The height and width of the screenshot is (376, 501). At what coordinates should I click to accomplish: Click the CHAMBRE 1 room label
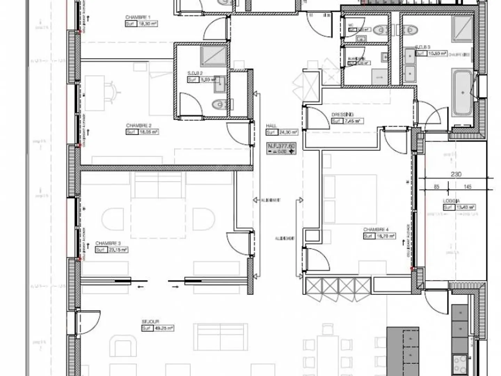point(138,17)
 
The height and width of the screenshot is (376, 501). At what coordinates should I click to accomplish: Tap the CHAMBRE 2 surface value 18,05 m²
point(149,132)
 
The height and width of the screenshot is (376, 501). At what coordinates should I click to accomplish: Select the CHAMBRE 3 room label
point(108,243)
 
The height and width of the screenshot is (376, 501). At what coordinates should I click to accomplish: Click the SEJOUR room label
point(150,322)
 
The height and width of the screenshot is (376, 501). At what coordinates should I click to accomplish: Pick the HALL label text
point(271,126)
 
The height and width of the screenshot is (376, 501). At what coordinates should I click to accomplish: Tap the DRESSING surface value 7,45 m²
point(353,121)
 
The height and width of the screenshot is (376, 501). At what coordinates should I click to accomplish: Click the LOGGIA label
point(451,201)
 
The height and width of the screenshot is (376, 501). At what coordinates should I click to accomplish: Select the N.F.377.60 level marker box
point(281,148)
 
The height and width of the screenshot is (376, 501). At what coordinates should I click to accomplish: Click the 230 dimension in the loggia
point(456,174)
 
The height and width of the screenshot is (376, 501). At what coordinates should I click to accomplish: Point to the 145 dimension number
point(468,187)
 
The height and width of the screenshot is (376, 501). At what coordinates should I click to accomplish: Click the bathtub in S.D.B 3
point(462,93)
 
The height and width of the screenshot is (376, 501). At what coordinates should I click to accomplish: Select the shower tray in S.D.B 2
point(213,56)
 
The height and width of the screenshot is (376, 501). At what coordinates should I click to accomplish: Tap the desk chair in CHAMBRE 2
point(113,93)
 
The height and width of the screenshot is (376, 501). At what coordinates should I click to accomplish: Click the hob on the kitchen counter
point(460,363)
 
